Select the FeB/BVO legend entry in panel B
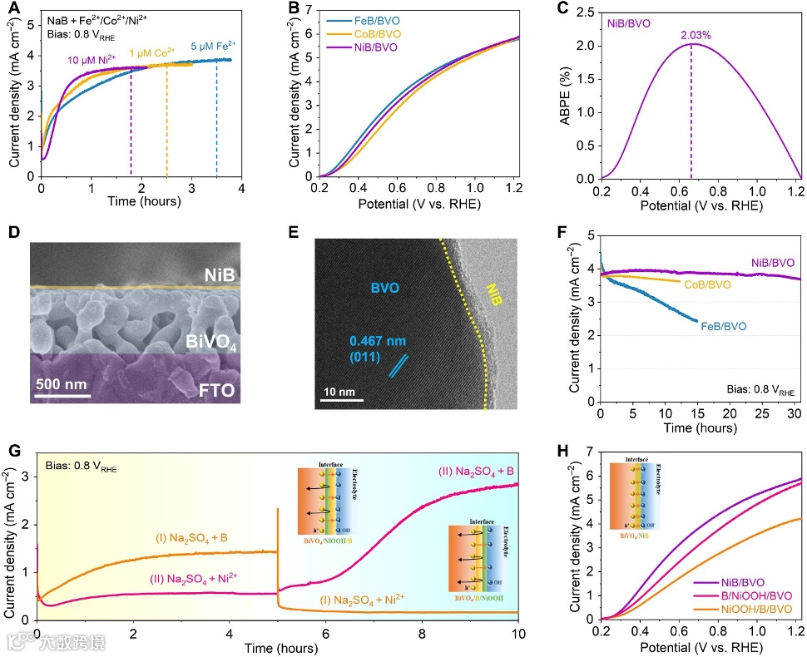point(376,23)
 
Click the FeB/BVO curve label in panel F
point(722,326)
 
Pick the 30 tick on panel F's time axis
point(795,415)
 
